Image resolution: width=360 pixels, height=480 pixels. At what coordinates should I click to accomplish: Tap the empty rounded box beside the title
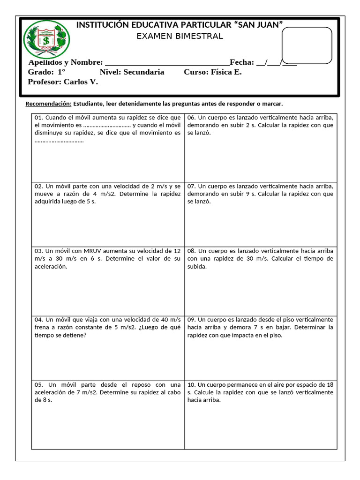click(x=307, y=45)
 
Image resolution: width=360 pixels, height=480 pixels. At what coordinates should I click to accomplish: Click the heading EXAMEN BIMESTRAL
click(x=180, y=36)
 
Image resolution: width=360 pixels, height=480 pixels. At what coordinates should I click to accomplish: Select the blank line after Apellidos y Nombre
click(x=167, y=63)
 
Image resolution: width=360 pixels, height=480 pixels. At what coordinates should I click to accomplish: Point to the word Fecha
click(x=241, y=62)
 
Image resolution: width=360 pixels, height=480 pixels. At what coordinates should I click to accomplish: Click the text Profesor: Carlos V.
click(x=63, y=82)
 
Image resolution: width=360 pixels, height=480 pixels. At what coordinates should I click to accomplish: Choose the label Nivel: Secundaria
click(x=132, y=72)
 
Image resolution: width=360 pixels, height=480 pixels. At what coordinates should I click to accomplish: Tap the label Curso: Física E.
click(x=213, y=72)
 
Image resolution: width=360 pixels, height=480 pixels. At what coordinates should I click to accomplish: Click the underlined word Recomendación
click(x=48, y=104)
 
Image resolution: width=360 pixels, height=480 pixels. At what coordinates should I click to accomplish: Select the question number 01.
click(x=38, y=118)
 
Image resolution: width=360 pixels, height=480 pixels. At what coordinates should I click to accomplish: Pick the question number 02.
click(x=38, y=186)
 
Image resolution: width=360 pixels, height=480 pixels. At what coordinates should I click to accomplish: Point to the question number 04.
click(x=38, y=319)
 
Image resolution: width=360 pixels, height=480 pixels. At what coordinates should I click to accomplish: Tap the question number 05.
click(x=38, y=384)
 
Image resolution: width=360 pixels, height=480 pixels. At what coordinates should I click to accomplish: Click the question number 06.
click(x=191, y=118)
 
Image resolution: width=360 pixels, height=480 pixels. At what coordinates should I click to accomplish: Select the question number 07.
click(x=191, y=186)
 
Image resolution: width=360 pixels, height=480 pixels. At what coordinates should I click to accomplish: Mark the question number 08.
click(x=191, y=251)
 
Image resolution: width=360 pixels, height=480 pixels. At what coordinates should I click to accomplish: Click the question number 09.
click(x=191, y=319)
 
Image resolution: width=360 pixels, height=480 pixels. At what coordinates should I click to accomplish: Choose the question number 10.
click(x=191, y=384)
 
